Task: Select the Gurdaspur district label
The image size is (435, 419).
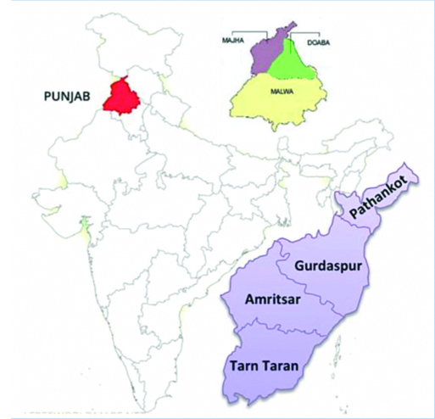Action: point(328,266)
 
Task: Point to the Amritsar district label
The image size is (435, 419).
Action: point(273,299)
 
